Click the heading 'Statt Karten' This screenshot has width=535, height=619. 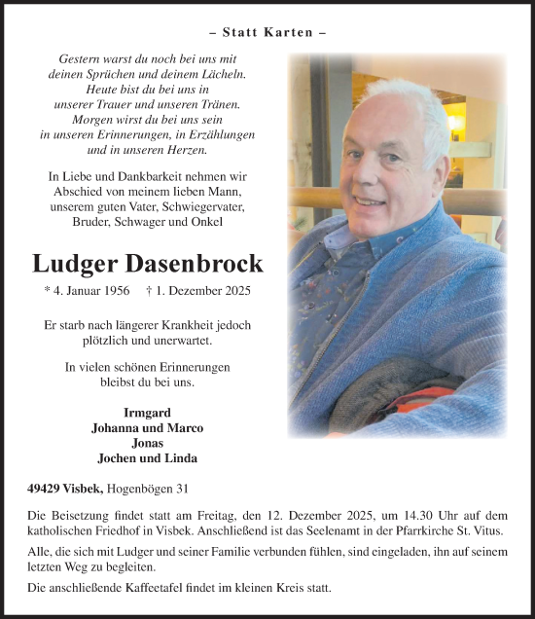point(267,32)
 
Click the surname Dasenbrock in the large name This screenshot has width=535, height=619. point(202,263)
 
